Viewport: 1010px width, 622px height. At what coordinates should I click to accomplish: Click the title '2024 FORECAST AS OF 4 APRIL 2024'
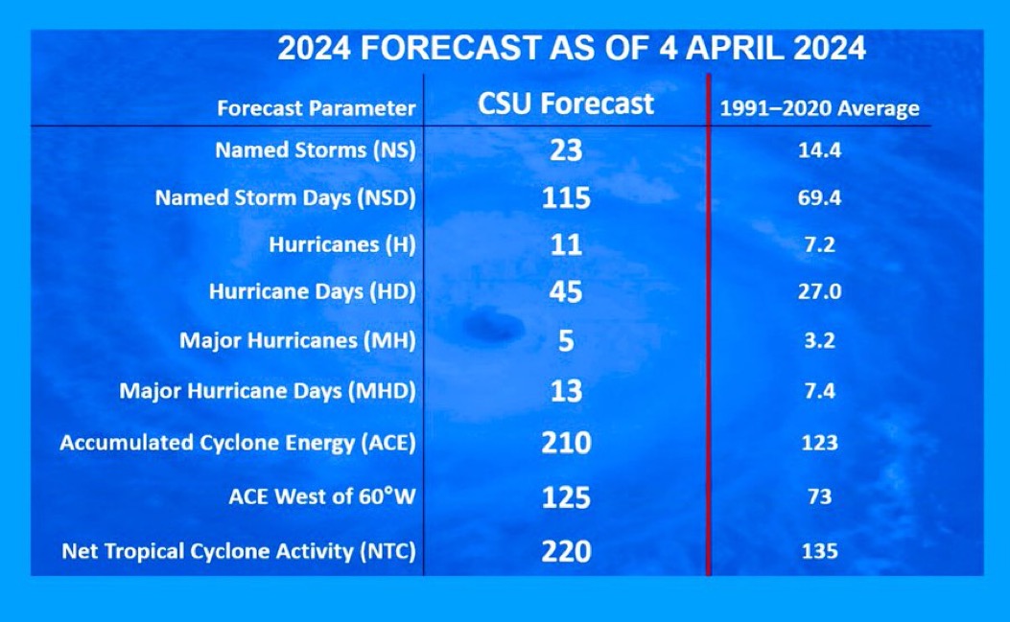click(x=572, y=48)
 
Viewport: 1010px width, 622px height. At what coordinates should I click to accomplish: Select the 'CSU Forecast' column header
click(x=566, y=104)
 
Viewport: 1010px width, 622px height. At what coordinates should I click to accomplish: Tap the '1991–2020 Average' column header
click(x=819, y=108)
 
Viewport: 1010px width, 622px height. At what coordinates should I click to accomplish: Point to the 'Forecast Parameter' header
click(x=317, y=108)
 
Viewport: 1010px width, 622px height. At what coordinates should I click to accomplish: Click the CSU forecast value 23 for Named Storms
click(x=566, y=150)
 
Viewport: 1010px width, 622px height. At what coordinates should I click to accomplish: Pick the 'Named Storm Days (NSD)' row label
click(x=285, y=197)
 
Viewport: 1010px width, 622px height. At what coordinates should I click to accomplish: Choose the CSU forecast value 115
click(x=566, y=197)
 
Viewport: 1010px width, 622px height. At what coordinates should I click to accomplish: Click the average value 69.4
click(x=819, y=197)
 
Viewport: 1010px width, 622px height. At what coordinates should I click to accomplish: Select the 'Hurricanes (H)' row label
click(x=342, y=244)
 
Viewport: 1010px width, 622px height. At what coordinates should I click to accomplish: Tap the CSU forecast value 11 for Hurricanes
click(x=566, y=244)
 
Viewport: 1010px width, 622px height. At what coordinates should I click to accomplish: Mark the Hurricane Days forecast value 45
click(x=566, y=291)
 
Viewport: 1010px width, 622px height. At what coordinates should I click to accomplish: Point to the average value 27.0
click(x=819, y=291)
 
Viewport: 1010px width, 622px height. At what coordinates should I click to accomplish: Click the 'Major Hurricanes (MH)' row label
click(x=297, y=340)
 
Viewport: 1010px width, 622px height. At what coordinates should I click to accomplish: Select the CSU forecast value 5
click(x=566, y=340)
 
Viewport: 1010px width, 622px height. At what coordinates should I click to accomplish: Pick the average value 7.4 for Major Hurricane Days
click(x=819, y=391)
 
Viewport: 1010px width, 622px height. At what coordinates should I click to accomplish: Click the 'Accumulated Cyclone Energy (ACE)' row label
click(x=238, y=443)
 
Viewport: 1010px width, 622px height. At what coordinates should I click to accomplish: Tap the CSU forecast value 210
click(x=566, y=443)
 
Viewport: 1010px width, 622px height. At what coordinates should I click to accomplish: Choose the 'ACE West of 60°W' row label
click(x=322, y=496)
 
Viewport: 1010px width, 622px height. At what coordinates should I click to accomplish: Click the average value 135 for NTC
click(x=819, y=551)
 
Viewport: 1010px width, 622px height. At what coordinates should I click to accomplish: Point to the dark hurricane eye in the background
click(x=493, y=326)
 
